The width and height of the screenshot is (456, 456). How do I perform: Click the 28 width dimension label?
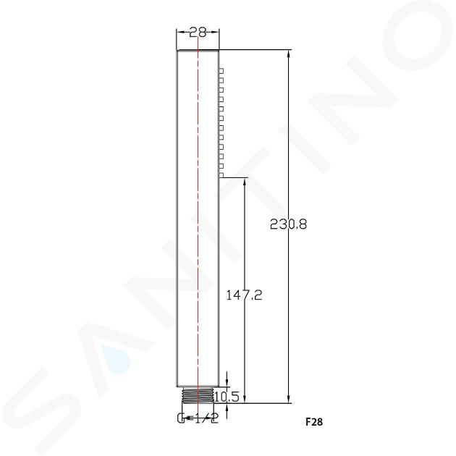click(198, 33)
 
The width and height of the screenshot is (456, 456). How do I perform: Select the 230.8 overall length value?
click(288, 224)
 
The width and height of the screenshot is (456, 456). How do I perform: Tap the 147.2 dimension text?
click(244, 295)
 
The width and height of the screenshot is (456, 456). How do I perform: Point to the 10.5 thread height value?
click(227, 397)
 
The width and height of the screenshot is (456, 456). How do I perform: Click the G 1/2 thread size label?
click(198, 418)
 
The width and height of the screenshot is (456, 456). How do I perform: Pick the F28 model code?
click(314, 421)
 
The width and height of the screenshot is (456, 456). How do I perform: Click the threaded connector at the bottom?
click(198, 395)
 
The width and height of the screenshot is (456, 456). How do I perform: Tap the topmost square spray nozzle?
click(221, 71)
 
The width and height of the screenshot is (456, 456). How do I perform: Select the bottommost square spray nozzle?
click(221, 175)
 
